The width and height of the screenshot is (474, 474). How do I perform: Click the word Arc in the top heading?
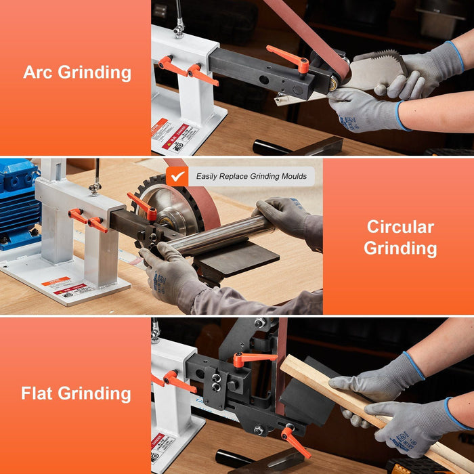[x=38, y=72]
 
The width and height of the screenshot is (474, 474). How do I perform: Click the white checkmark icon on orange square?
[x=177, y=176]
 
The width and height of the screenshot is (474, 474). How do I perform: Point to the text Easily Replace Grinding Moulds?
[x=251, y=177]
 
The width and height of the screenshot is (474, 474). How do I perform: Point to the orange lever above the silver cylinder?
[x=143, y=206]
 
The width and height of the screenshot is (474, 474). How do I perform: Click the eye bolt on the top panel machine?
[x=179, y=28]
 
